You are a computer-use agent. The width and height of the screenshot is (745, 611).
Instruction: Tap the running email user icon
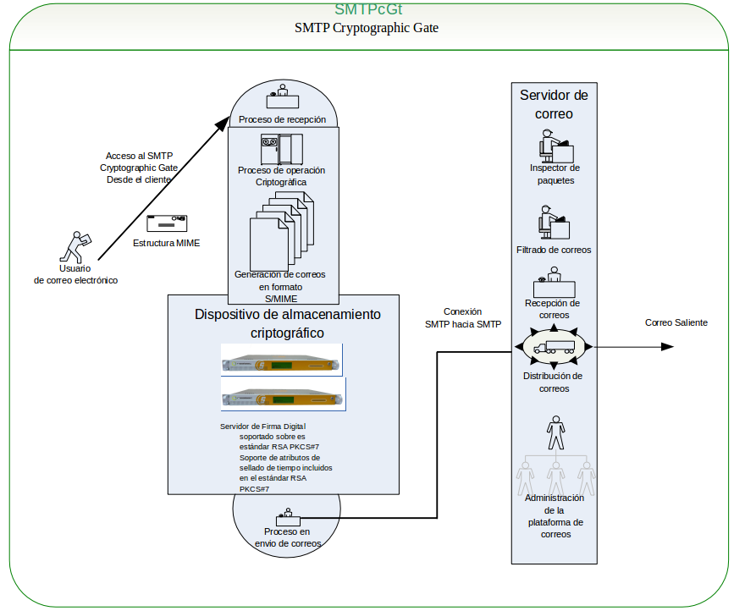coord(76,246)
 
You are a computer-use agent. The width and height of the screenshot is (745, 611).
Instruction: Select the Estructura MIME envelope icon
coord(167,223)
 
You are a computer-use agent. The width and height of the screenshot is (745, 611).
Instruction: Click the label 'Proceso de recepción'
coord(282,119)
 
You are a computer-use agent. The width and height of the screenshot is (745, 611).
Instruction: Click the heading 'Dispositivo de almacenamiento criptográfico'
coord(287,323)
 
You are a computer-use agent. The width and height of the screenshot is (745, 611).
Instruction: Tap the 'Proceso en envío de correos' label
coord(287,537)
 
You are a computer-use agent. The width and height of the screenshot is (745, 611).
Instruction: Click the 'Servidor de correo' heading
coord(554,104)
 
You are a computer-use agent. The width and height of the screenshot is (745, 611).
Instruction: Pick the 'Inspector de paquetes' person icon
coord(555,145)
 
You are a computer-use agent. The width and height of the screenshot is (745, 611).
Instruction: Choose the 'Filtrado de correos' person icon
coord(554,222)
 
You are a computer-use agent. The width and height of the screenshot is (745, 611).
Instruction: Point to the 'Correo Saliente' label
coord(676,322)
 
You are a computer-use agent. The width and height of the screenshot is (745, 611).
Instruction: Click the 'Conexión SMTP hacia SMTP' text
coord(462,317)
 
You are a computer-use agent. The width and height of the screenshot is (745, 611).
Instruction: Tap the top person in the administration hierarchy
coord(555,432)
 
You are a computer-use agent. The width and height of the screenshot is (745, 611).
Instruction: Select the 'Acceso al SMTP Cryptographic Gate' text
coord(138,168)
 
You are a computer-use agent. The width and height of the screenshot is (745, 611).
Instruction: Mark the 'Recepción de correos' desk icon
coord(554,283)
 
